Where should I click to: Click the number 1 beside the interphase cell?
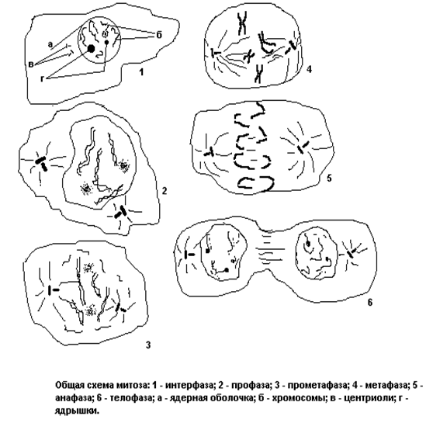coord(140,72)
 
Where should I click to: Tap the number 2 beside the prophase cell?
coord(164,191)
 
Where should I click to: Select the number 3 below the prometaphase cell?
coord(147,345)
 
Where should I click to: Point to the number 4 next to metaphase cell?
coord(309,69)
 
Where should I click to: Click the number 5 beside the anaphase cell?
coord(329,179)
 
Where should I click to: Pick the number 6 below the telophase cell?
coord(370,302)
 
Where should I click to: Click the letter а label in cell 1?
coord(50,44)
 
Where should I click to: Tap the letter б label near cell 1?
coord(159,35)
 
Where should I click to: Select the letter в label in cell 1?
coord(31,64)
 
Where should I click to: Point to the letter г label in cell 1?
coord(42,79)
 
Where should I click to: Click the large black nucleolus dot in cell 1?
coord(91,49)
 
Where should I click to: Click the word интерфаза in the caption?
coord(189,385)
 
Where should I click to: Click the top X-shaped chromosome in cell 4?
coord(242,23)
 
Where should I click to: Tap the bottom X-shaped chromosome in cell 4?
coord(258,74)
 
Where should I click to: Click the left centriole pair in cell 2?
coord(42,163)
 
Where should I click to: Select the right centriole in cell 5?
coord(303,147)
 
